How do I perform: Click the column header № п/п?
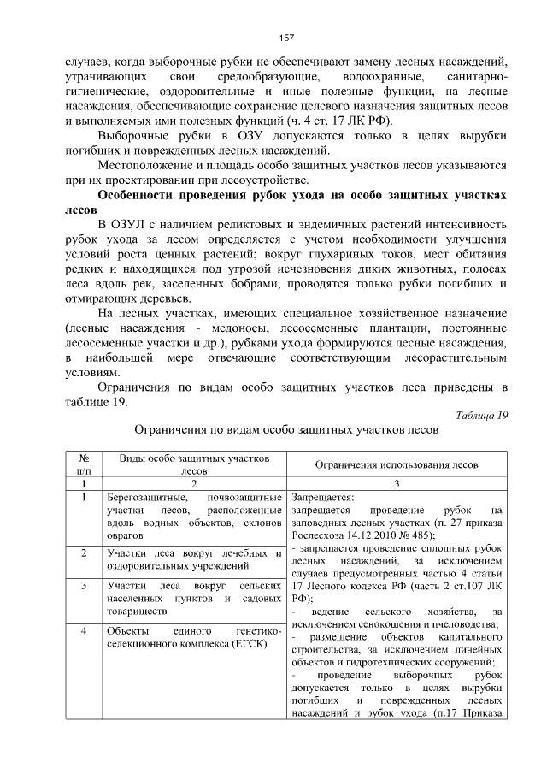click(84, 464)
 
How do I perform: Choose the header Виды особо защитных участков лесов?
click(194, 464)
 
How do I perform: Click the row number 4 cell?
click(84, 630)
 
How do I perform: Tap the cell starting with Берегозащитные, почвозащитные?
click(194, 516)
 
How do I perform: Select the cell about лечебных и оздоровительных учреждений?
click(194, 559)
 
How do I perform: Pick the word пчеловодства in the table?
click(466, 623)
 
